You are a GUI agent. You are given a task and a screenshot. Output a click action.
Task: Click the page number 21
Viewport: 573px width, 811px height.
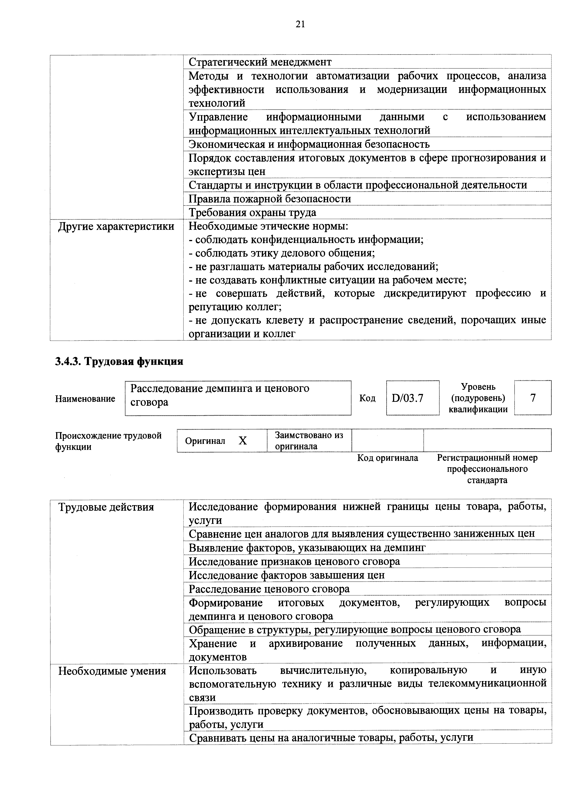click(x=300, y=24)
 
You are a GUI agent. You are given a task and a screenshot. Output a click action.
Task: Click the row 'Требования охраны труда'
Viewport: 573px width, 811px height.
click(x=253, y=213)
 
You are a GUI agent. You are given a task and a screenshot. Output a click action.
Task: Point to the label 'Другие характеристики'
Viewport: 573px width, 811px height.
click(x=116, y=226)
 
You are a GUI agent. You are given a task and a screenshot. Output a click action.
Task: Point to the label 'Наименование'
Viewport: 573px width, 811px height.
click(x=85, y=399)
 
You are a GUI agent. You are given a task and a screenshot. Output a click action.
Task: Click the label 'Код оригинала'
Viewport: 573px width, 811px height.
click(x=387, y=458)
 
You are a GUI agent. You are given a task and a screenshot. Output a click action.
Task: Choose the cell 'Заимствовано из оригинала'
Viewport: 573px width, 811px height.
click(x=309, y=440)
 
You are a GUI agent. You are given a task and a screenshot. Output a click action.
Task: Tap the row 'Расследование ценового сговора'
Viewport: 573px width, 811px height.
click(x=269, y=589)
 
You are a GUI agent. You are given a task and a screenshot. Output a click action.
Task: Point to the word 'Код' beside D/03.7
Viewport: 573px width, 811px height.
click(x=367, y=398)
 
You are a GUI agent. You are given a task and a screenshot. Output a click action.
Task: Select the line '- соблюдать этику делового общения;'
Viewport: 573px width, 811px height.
click(x=282, y=253)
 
